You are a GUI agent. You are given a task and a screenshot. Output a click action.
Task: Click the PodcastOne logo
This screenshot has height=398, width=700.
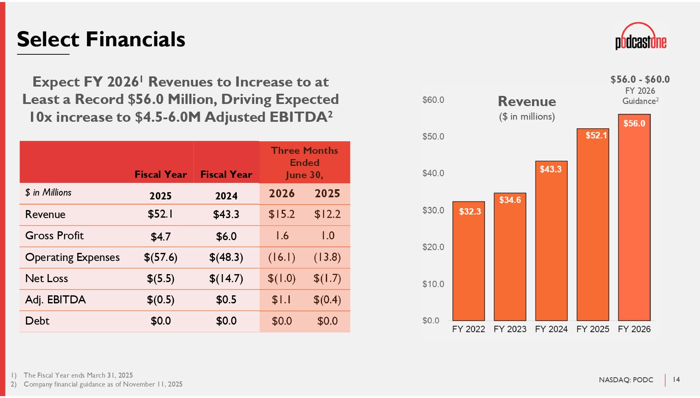pos(641,37)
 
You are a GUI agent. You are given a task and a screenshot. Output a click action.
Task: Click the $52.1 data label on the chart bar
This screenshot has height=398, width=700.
pos(596,135)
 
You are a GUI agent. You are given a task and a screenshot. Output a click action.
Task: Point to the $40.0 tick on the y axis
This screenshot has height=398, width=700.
pos(433,173)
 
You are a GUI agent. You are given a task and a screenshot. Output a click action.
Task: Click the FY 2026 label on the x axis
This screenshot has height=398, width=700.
pos(634,329)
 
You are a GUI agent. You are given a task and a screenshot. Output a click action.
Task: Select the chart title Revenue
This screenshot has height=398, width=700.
pos(526,101)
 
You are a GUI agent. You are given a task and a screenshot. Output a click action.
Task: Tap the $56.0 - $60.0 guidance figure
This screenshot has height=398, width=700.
pos(640,79)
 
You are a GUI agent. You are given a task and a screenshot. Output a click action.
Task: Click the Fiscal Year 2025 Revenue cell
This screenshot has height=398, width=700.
pos(160,214)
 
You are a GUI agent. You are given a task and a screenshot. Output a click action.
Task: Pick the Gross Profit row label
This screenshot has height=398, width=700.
pos(54,236)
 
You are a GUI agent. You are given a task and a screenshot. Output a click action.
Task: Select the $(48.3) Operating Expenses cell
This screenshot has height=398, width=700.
pos(226,258)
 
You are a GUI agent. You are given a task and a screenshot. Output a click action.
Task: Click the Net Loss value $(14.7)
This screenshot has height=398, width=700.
pos(226,279)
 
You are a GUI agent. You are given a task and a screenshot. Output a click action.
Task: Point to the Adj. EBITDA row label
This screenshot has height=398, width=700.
pos(56,300)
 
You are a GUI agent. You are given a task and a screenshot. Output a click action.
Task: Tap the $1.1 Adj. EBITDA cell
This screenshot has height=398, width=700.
pos(281,300)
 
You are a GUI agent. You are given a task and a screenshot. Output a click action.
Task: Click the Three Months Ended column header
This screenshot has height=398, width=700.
pos(305,163)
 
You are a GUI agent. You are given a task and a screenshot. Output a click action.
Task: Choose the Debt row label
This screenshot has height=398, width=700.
pos(37,321)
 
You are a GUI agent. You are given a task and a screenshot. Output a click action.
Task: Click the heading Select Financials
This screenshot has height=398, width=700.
pos(101,39)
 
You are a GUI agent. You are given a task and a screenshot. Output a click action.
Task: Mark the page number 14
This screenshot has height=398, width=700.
pos(676,379)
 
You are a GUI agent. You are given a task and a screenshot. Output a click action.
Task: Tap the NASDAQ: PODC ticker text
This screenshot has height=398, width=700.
pos(626,380)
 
